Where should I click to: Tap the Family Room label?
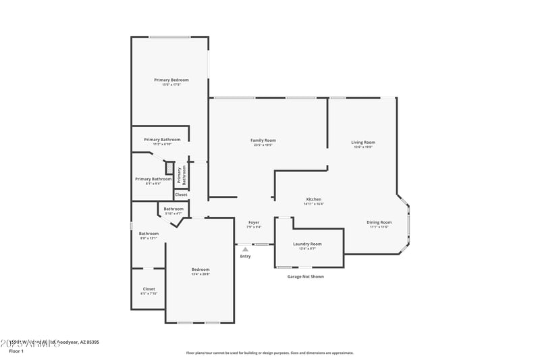point(264,140)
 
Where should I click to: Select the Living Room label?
point(363,143)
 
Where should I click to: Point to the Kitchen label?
point(314,199)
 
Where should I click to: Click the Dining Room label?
point(379,222)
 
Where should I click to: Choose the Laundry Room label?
point(307,244)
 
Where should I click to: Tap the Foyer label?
point(254,222)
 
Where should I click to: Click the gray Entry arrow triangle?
point(245,249)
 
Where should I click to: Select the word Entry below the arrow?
point(245,256)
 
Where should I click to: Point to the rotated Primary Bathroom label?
point(180,175)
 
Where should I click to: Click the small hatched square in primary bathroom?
point(170,168)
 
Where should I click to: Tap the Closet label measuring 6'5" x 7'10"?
point(148,289)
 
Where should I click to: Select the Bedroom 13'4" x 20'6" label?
point(200,269)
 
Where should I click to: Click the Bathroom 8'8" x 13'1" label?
point(148,234)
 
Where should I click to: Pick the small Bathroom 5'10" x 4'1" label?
point(173,209)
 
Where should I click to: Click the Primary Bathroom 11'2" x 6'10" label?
point(162,140)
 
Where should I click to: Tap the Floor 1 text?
point(16,351)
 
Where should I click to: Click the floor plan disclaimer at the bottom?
point(269,353)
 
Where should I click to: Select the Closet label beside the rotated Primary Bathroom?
point(181,195)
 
